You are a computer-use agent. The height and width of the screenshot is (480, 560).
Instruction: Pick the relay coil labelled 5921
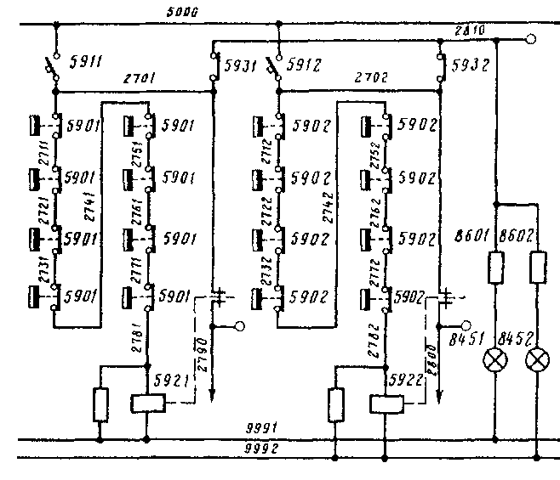coord(148,404)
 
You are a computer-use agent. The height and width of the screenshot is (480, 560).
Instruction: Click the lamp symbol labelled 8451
coord(495,360)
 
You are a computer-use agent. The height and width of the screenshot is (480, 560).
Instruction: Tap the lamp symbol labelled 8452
coord(537,360)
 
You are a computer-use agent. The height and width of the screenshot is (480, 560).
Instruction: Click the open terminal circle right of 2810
coord(531,38)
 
